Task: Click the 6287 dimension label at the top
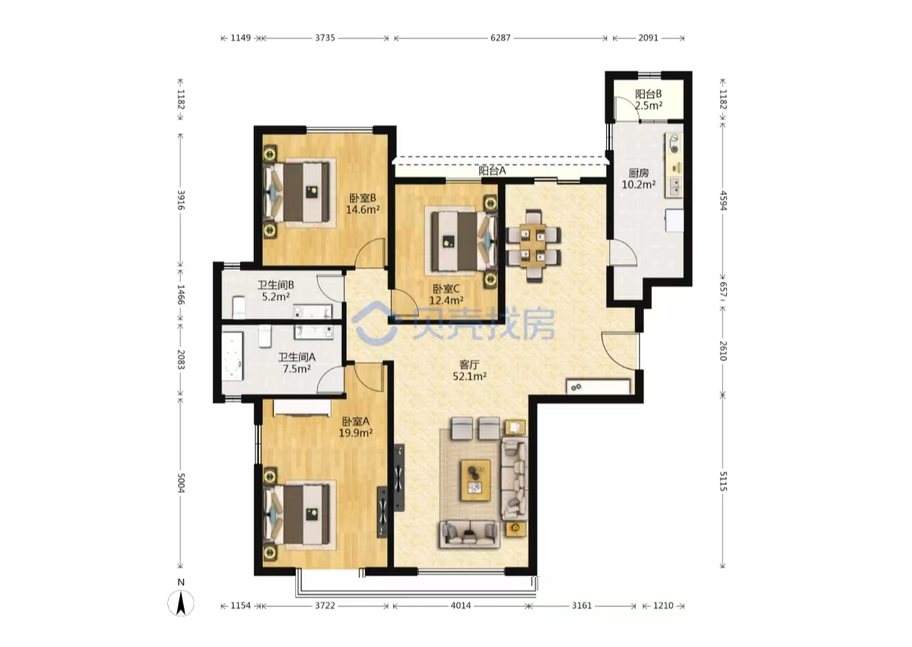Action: [500, 38]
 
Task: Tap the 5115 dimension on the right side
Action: [723, 481]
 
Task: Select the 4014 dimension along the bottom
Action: [460, 606]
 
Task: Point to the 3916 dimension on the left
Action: [181, 200]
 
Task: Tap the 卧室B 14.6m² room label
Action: [363, 203]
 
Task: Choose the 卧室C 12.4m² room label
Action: [447, 295]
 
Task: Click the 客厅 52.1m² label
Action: [469, 370]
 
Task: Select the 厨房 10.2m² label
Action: [639, 179]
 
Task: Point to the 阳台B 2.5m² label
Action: [648, 99]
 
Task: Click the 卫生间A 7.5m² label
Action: [297, 363]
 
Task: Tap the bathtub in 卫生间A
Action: [233, 356]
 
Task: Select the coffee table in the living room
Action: [475, 480]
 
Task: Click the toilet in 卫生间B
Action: [238, 307]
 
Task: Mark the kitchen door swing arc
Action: [624, 253]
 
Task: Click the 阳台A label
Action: [492, 171]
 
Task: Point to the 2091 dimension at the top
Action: [648, 38]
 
